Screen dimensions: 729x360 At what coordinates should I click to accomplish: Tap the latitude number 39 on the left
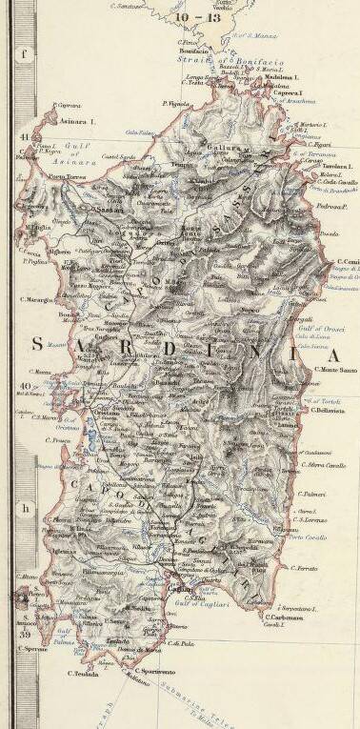20,634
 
